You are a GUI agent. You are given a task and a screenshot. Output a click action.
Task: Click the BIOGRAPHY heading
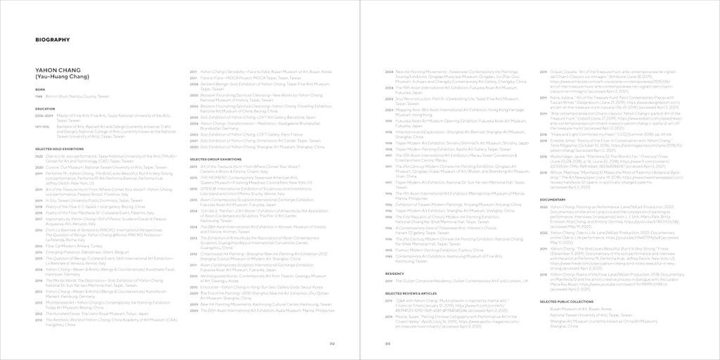tap(53, 40)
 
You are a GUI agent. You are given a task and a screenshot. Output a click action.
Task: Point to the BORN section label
tap(40, 91)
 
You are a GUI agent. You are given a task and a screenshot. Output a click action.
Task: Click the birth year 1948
tap(40, 97)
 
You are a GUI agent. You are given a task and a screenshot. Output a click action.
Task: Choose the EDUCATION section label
tap(45, 108)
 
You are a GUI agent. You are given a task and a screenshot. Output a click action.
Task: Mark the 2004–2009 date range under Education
tap(43, 115)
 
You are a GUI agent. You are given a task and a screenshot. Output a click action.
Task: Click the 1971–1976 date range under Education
tap(42, 127)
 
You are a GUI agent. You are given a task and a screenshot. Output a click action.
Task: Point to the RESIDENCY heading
tap(394, 273)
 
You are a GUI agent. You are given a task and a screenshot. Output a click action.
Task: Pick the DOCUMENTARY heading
tap(553, 200)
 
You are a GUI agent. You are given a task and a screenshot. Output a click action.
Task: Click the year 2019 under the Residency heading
tap(389, 281)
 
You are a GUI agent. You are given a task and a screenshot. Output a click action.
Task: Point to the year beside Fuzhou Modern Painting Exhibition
tap(389, 250)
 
